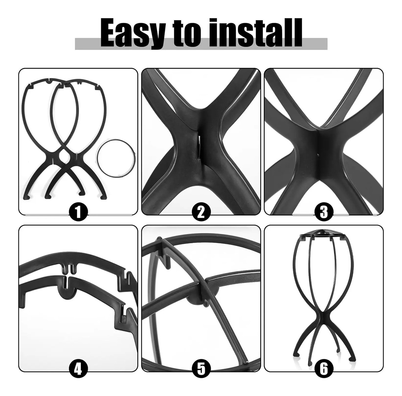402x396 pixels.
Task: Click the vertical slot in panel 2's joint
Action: [x=199, y=145]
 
